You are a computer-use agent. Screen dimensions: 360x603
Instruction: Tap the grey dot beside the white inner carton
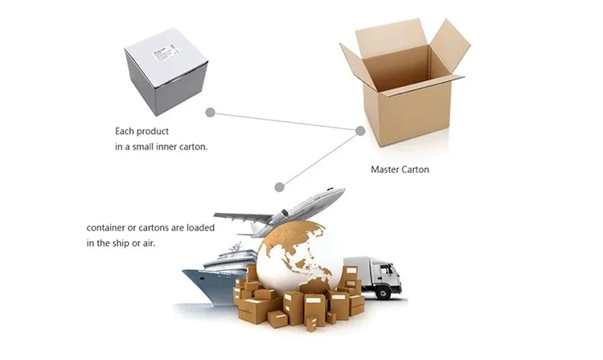coord(211,112)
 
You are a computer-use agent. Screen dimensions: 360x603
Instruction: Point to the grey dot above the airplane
coord(279,187)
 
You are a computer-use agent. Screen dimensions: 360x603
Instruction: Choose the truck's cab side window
coord(388,271)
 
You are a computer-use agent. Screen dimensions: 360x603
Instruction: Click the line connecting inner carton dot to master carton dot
coord(285,121)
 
